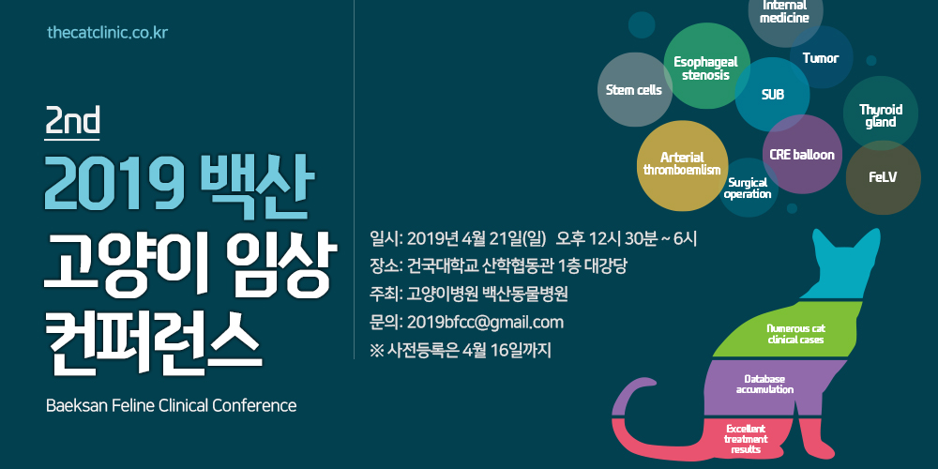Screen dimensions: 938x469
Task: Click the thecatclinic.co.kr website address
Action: coord(107,32)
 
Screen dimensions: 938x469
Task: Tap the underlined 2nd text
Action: coord(72,123)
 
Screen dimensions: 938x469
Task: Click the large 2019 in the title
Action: coord(113,184)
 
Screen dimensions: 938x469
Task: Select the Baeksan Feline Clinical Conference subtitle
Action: coord(171,405)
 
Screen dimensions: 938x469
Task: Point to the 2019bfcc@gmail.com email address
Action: coord(485,323)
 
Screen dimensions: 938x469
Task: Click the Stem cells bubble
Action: coord(635,90)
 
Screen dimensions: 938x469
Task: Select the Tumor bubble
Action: coord(822,57)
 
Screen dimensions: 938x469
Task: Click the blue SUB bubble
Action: coord(772,95)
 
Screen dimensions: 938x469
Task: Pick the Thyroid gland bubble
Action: coord(881,113)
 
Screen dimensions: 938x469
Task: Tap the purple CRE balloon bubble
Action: coord(802,155)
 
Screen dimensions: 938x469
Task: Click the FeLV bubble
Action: coord(883,177)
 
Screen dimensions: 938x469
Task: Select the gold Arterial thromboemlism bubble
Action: coord(682,166)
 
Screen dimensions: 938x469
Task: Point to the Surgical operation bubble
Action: coord(748,188)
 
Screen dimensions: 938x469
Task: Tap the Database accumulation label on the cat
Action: coord(764,384)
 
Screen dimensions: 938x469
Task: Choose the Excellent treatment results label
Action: coord(746,439)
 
